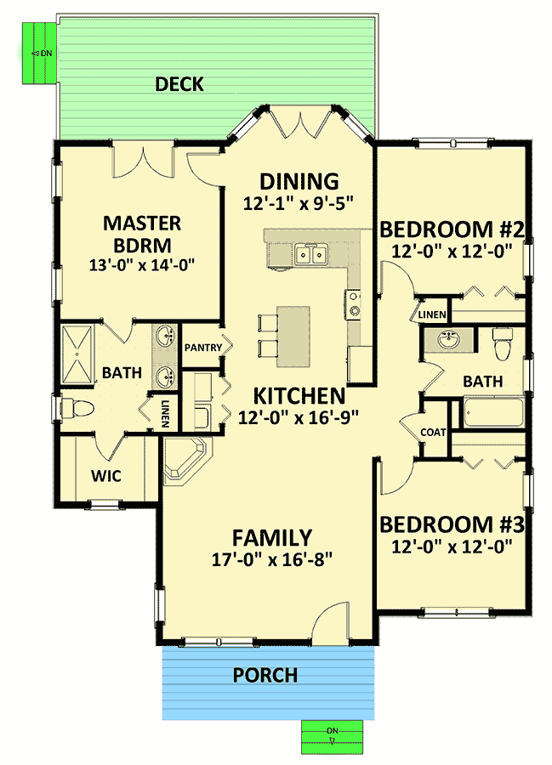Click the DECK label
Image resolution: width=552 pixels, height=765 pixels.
point(179,84)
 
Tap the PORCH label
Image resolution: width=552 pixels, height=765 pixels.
point(265,675)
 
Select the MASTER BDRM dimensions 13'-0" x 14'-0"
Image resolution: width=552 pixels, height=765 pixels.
point(142,265)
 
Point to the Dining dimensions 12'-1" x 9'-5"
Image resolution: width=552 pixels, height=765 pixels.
point(299,203)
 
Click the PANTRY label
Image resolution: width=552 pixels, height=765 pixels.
point(203,348)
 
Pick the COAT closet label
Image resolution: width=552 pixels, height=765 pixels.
point(433,433)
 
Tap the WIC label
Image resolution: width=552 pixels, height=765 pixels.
point(106,476)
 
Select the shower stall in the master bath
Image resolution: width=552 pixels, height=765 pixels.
point(77,354)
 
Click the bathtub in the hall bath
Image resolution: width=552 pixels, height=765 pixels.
point(492,414)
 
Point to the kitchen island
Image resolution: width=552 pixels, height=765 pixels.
point(293,337)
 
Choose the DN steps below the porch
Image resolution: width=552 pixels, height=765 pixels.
point(332,737)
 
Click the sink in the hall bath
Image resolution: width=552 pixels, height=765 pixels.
point(448,339)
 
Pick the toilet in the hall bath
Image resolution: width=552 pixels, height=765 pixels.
point(502,344)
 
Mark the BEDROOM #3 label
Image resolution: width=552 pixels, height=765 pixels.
point(452,524)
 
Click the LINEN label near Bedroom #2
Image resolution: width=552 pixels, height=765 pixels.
point(432,314)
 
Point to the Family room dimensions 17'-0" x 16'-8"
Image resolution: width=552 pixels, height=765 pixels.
point(272,559)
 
